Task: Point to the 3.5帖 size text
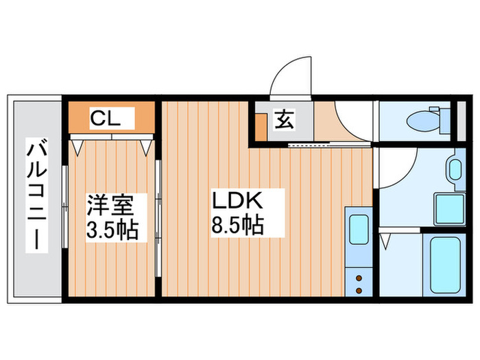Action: pyautogui.click(x=112, y=228)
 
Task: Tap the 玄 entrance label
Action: pyautogui.click(x=284, y=119)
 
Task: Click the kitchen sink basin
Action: pyautogui.click(x=358, y=230)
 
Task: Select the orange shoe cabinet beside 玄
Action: pyautogui.click(x=261, y=125)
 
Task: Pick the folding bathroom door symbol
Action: pyautogui.click(x=385, y=241)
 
